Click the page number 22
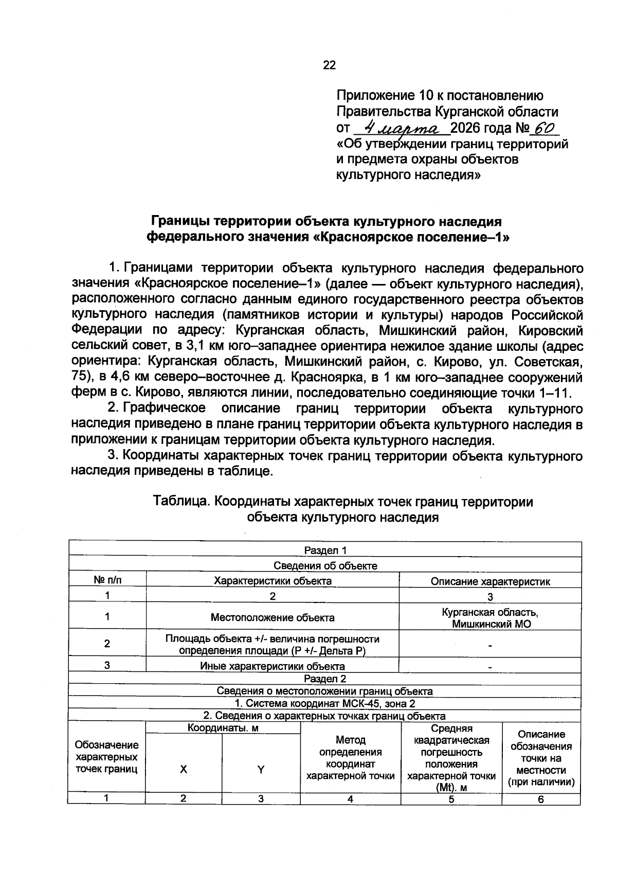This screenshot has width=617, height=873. [x=329, y=65]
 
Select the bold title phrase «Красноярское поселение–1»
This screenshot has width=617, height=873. [x=411, y=238]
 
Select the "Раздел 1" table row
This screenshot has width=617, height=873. [x=325, y=550]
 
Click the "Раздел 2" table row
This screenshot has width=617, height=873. [x=325, y=679]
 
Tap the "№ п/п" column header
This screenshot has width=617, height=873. [x=107, y=580]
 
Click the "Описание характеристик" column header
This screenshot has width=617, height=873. [x=490, y=581]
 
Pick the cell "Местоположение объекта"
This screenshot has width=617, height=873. [x=273, y=617]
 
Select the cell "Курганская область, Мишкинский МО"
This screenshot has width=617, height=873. [x=490, y=618]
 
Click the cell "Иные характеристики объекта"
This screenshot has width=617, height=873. [x=273, y=666]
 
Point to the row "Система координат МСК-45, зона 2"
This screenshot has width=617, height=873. [x=325, y=703]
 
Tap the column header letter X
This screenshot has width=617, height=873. [x=184, y=770]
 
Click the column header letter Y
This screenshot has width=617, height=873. [x=261, y=770]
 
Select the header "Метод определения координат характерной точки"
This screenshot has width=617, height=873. [x=350, y=758]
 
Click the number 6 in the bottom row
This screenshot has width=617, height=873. [x=540, y=799]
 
